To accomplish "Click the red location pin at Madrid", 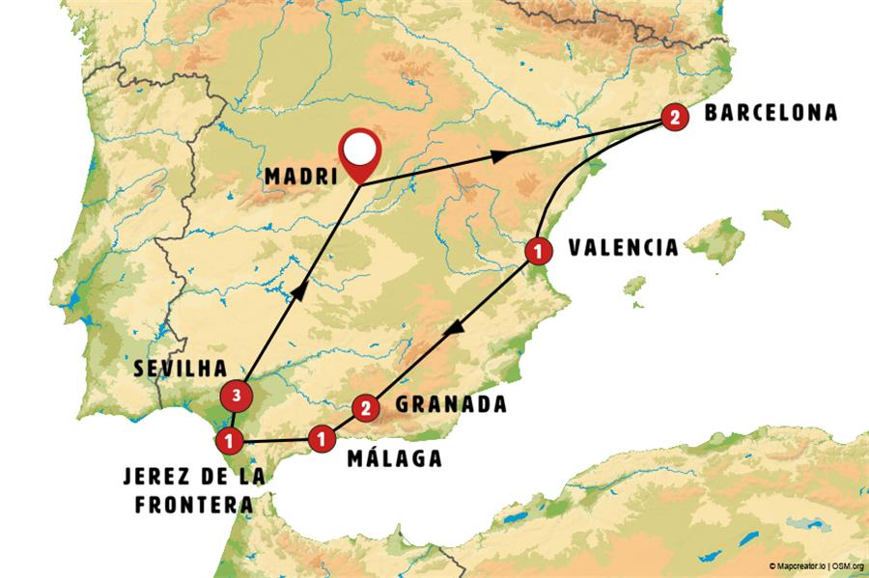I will (x=360, y=153).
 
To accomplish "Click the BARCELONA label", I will (x=770, y=113).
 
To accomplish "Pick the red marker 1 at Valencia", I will (x=537, y=251).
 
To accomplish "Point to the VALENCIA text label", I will (x=623, y=248).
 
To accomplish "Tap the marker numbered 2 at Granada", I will (x=364, y=408).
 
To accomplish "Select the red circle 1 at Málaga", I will (x=321, y=439).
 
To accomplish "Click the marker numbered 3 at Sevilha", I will (x=236, y=394).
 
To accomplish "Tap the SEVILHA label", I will (x=181, y=368).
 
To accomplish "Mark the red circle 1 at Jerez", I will (x=229, y=442).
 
